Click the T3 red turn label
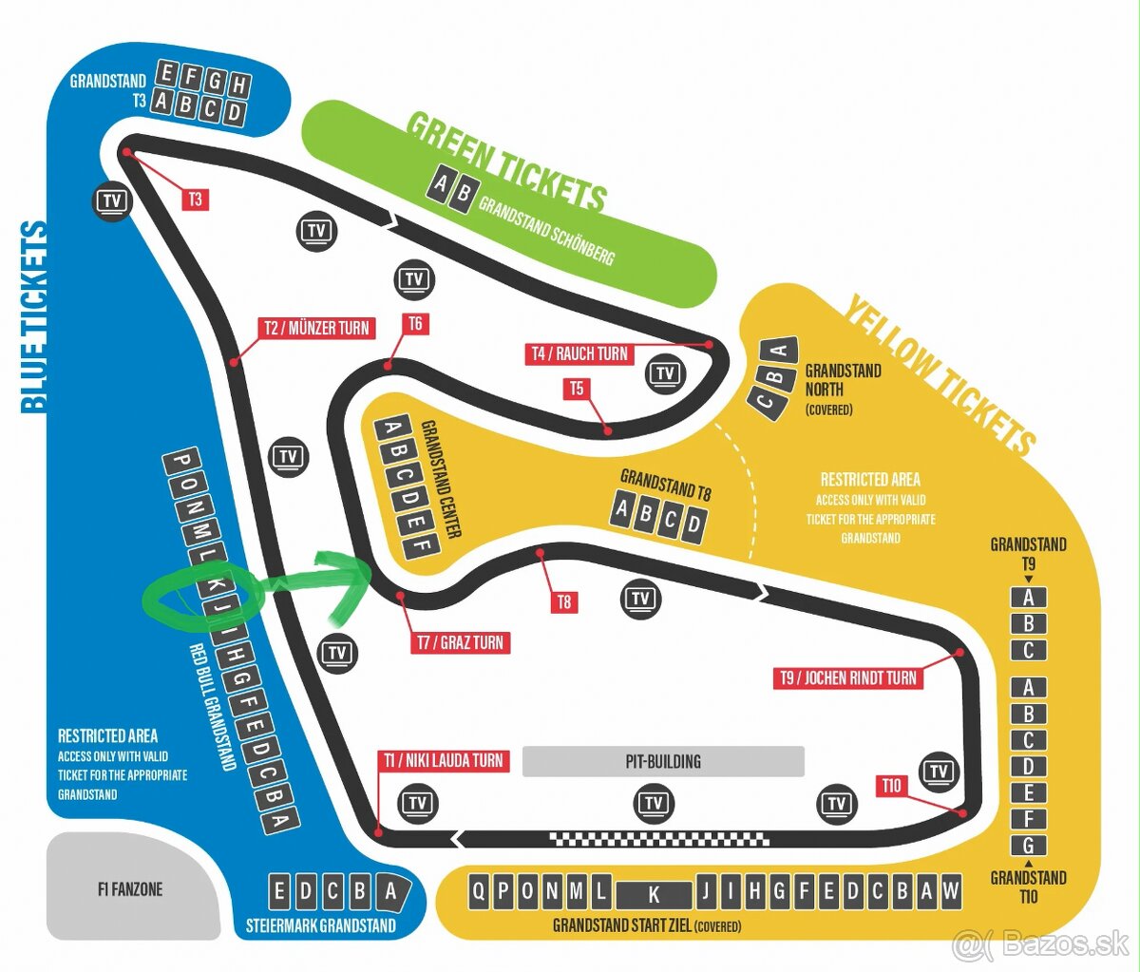195,200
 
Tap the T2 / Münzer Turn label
316,328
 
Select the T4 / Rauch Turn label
579,353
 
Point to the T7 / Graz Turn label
460,642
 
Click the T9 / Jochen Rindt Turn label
847,677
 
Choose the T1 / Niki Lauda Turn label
443,760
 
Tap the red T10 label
891,785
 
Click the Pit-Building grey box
663,761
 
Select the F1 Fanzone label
130,889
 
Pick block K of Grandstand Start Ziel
654,894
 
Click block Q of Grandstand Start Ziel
480,891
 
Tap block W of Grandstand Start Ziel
951,891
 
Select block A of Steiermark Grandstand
390,891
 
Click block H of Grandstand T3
239,86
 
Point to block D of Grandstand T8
694,524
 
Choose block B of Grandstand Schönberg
463,194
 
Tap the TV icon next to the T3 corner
112,200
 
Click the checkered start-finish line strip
659,839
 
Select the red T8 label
564,601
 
